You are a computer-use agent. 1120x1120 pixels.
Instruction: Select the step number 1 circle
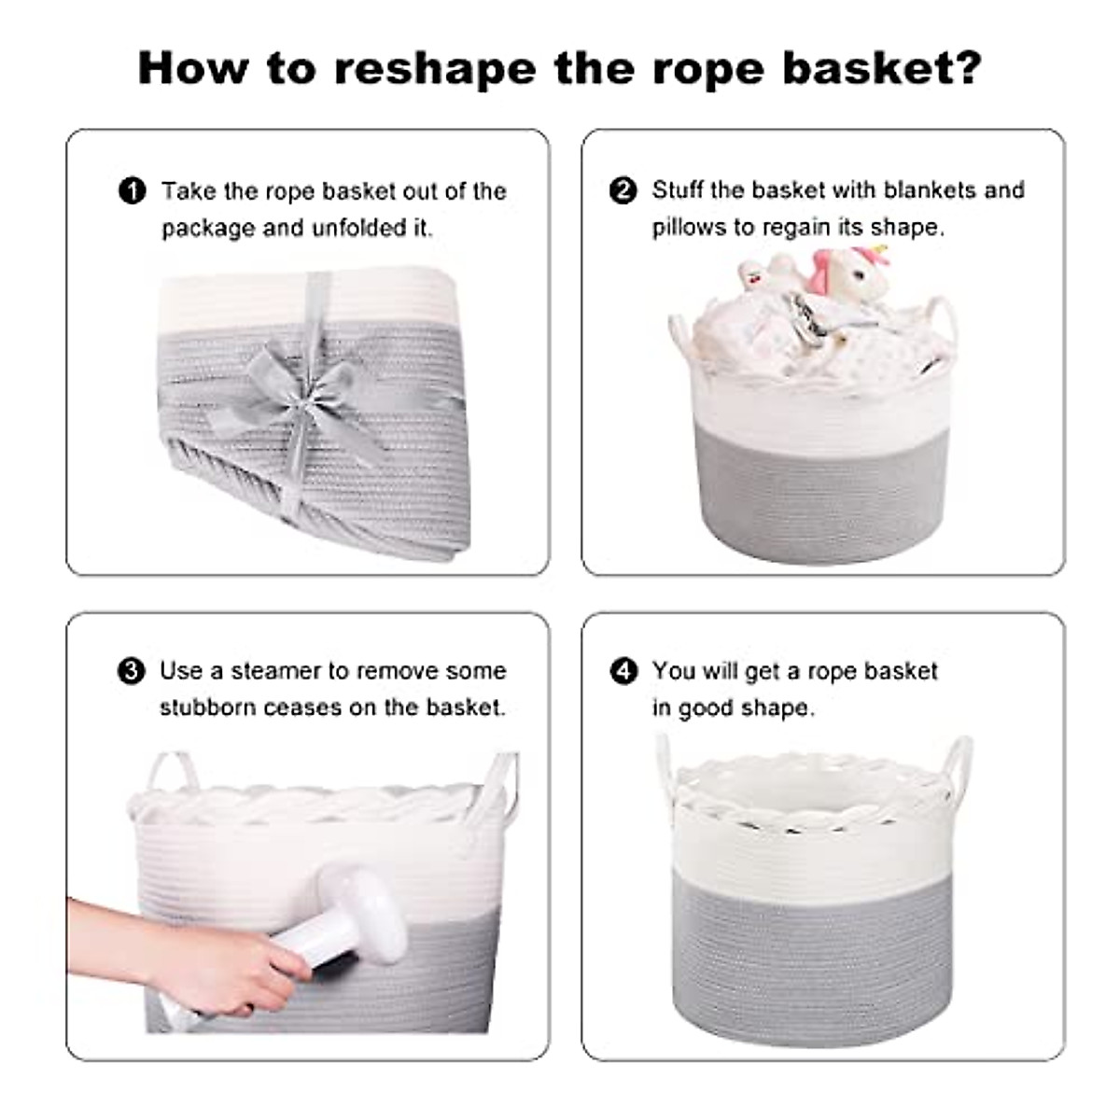click(x=133, y=191)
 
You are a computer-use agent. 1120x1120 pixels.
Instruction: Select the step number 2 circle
click(x=623, y=190)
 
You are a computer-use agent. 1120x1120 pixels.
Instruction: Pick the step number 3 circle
click(x=132, y=671)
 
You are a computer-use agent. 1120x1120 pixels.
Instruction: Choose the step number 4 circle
click(x=623, y=671)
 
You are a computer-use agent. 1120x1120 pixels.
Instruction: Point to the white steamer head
click(x=358, y=898)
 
